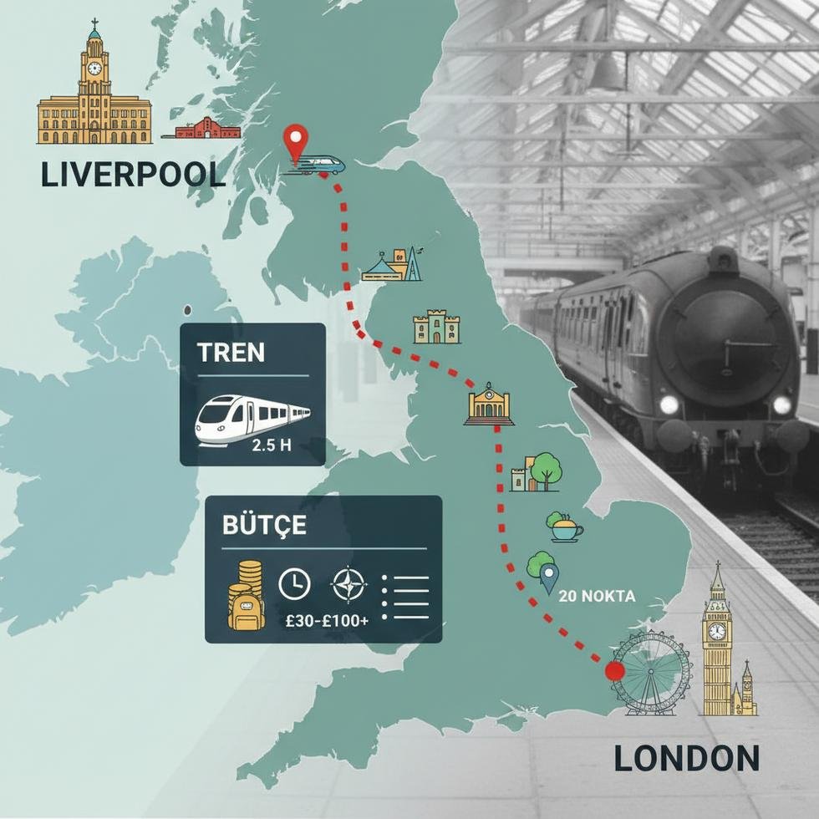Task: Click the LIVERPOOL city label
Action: [132, 174]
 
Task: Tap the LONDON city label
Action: [687, 757]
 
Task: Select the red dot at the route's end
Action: [615, 671]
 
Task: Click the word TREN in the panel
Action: [231, 352]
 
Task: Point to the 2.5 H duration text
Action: [272, 445]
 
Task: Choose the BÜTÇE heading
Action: [264, 526]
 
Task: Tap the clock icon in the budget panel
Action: [293, 584]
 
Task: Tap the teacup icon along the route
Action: [564, 527]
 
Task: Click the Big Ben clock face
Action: [717, 631]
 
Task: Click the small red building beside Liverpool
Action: [206, 129]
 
